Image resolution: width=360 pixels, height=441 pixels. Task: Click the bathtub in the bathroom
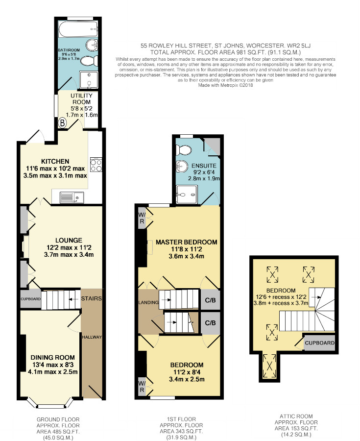(x=78, y=29)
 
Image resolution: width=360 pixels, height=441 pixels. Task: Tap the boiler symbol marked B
(x=62, y=123)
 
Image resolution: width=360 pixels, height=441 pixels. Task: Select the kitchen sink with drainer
(x=72, y=197)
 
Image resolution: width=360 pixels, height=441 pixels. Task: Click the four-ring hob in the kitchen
(x=96, y=165)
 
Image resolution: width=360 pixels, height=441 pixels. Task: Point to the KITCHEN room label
(x=55, y=161)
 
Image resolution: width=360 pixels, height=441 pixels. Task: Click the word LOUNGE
(x=69, y=240)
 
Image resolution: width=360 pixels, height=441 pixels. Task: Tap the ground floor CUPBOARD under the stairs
(x=31, y=299)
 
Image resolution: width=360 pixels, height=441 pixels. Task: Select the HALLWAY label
(x=92, y=337)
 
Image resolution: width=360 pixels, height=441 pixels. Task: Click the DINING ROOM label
(x=52, y=357)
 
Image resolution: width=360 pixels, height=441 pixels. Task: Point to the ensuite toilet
(x=183, y=150)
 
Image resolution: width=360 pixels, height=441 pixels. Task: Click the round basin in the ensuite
(x=182, y=167)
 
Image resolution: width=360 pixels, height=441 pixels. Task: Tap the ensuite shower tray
(x=187, y=194)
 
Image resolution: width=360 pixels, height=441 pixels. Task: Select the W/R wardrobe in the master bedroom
(x=142, y=218)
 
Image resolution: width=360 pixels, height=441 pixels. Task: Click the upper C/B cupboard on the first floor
(x=210, y=300)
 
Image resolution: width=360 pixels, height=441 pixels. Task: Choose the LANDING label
(x=148, y=302)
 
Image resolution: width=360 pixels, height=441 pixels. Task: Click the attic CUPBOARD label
(x=319, y=343)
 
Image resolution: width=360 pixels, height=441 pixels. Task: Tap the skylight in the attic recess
(x=269, y=366)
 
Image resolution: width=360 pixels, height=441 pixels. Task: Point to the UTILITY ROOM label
(x=81, y=98)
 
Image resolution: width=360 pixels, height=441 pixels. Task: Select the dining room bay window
(x=51, y=404)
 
